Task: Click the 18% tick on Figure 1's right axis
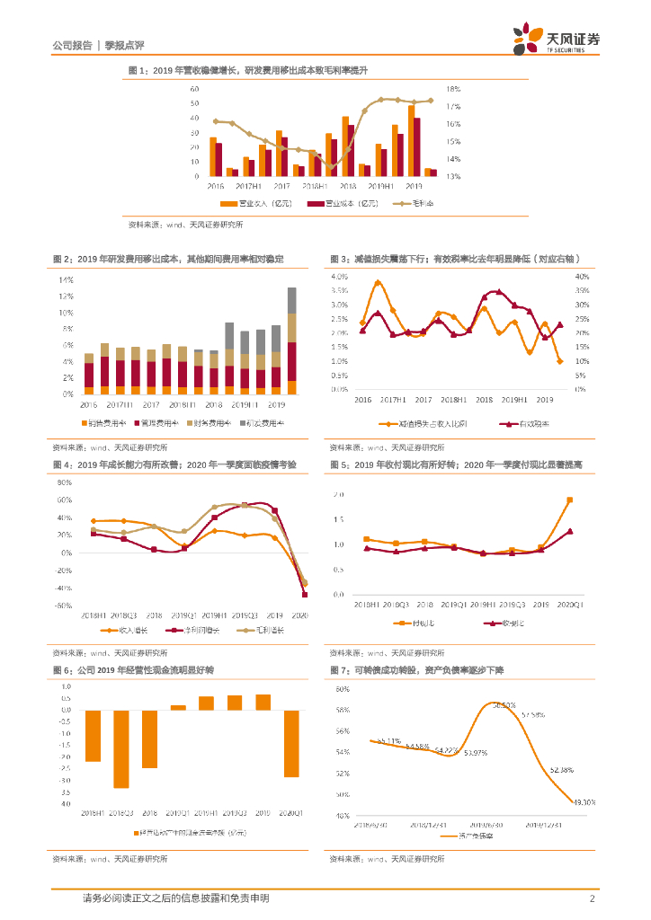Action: [x=454, y=90]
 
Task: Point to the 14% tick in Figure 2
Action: [x=67, y=280]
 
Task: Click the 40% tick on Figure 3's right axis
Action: [x=582, y=276]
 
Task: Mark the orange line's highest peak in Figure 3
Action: [x=378, y=283]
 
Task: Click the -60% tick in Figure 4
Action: [x=64, y=606]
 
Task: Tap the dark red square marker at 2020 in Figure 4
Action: [x=304, y=594]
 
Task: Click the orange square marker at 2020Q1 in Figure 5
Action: [x=569, y=500]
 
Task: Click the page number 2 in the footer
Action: [x=593, y=899]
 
